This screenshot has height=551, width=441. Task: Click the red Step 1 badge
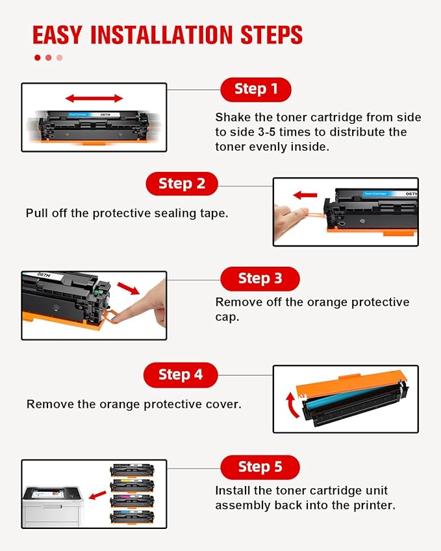point(256,89)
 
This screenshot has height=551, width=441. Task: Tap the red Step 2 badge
point(182,184)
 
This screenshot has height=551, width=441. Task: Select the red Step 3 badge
point(260,278)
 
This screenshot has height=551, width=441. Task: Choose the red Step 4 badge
point(181,374)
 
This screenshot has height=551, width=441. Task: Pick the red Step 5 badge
point(260,467)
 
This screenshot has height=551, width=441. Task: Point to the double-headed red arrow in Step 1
point(94,98)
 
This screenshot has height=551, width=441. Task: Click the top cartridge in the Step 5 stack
point(132,470)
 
